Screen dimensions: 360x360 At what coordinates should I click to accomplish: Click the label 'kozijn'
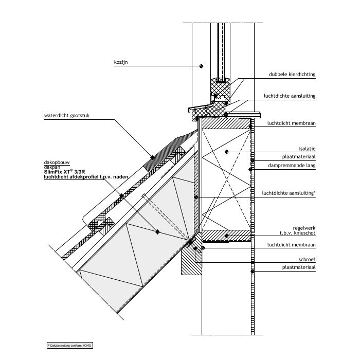[x=121, y=62]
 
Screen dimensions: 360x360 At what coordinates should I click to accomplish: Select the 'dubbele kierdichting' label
[x=292, y=75]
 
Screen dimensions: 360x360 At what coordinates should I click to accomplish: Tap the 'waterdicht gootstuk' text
[x=66, y=116]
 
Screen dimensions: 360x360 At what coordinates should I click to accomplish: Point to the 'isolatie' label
[x=307, y=149]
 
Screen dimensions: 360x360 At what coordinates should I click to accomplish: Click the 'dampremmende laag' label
[x=292, y=166]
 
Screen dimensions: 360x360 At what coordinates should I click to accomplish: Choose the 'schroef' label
[x=307, y=259]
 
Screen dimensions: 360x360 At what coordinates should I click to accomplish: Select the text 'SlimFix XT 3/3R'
[x=64, y=171]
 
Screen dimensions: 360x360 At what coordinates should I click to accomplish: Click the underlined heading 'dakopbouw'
[x=57, y=163]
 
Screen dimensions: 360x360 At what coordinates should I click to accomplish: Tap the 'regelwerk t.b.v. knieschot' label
[x=298, y=230]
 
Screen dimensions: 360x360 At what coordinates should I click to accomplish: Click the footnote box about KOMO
[x=70, y=345]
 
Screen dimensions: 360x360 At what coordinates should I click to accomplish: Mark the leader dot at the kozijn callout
[x=202, y=66]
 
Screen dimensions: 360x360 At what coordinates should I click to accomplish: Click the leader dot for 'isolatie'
[x=227, y=152]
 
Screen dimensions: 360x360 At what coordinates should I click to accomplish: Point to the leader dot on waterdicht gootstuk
[x=153, y=157]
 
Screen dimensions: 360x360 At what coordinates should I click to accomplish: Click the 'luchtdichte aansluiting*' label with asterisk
[x=289, y=193]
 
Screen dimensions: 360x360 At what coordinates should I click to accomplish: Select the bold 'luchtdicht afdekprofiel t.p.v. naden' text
[x=86, y=177]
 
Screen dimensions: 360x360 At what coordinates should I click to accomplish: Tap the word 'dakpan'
[x=52, y=167]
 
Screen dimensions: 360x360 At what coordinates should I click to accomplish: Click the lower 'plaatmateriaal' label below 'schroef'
[x=299, y=267]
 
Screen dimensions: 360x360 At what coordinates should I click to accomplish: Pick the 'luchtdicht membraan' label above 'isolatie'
[x=292, y=123]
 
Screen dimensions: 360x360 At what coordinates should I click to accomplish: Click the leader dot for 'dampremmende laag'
[x=251, y=169]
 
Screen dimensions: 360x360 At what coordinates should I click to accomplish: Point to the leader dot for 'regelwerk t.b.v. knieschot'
[x=227, y=236]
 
